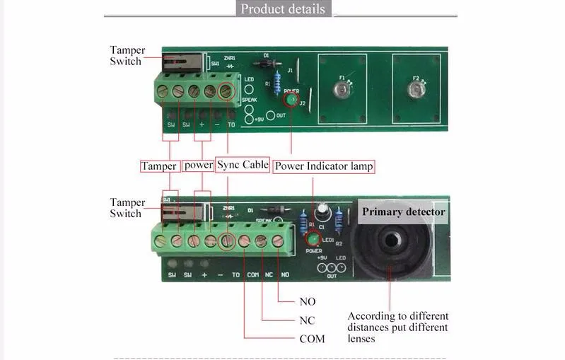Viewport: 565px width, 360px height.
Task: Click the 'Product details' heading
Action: (x=283, y=9)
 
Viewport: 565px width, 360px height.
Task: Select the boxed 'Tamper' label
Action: (x=158, y=166)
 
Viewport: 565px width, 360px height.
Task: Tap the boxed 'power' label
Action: (x=198, y=166)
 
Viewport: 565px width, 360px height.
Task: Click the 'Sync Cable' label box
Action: (x=243, y=166)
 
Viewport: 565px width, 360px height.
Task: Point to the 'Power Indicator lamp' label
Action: (x=324, y=167)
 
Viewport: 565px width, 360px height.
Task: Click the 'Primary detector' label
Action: (x=404, y=211)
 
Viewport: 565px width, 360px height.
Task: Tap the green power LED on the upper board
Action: (x=291, y=100)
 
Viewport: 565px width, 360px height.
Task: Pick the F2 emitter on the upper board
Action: (x=417, y=90)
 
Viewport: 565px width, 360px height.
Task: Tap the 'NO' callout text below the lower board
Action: (x=308, y=302)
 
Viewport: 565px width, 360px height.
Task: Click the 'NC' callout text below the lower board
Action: (x=308, y=320)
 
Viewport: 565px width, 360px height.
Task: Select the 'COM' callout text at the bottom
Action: (x=312, y=339)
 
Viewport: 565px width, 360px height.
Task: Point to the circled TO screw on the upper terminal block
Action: (x=226, y=91)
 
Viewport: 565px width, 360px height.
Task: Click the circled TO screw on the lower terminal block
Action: (x=227, y=241)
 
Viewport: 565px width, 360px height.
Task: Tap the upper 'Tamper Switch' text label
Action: (x=127, y=55)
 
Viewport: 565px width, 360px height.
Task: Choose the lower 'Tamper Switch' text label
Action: (x=127, y=208)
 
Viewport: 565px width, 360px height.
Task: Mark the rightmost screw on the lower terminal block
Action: (x=278, y=241)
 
